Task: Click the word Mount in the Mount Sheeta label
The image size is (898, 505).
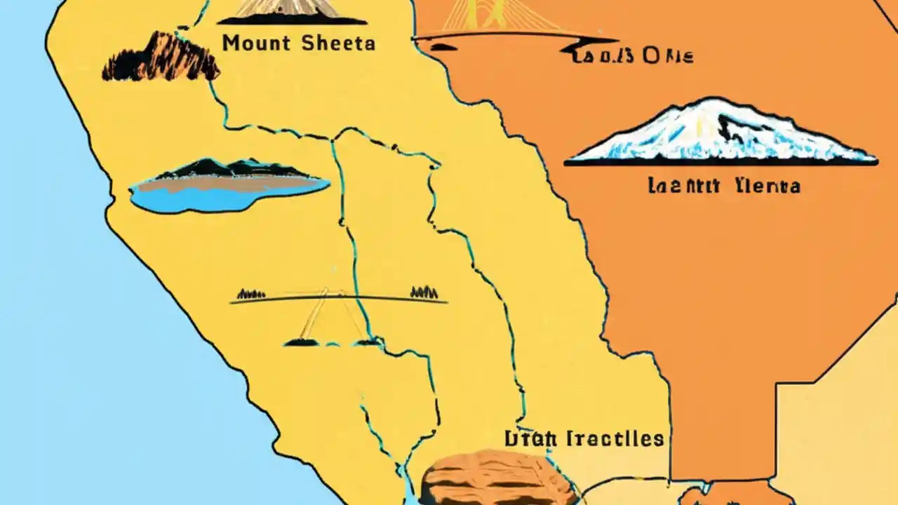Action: coord(255,43)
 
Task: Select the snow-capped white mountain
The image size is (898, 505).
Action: coord(723,133)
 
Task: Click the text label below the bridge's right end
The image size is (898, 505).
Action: coord(631,56)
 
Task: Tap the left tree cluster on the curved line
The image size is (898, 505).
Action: coord(250,294)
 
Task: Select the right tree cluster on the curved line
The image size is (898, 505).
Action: coord(424,292)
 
